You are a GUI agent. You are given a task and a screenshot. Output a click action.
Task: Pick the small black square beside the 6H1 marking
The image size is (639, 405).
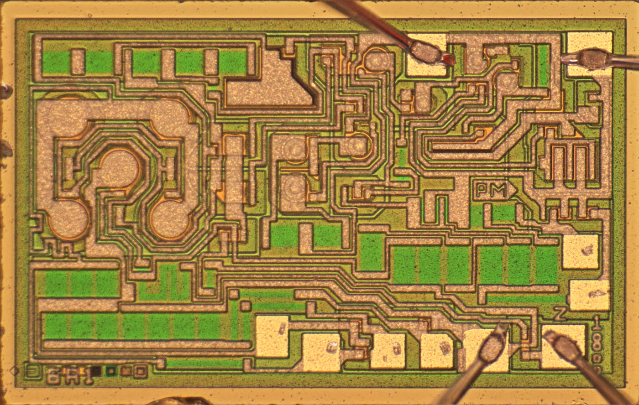point(96,371)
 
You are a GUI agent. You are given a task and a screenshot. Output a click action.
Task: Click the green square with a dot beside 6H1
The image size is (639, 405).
point(110,371)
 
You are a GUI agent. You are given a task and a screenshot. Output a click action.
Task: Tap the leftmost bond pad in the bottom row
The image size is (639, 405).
point(272,336)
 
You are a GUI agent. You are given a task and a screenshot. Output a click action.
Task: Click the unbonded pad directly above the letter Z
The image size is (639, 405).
point(589,295)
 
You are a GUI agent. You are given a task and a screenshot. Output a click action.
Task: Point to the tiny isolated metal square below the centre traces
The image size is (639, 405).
point(246,306)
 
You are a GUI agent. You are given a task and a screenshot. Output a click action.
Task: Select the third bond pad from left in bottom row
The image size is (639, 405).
point(388,350)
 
